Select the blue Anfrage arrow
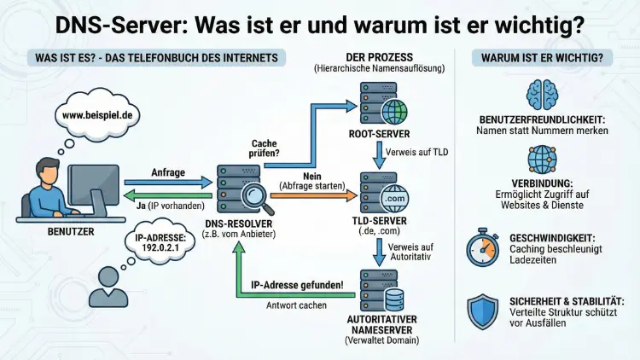click(x=166, y=181)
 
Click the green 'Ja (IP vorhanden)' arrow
click(x=166, y=192)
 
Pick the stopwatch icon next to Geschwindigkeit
click(x=483, y=248)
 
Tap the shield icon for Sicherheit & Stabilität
click(x=483, y=312)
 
